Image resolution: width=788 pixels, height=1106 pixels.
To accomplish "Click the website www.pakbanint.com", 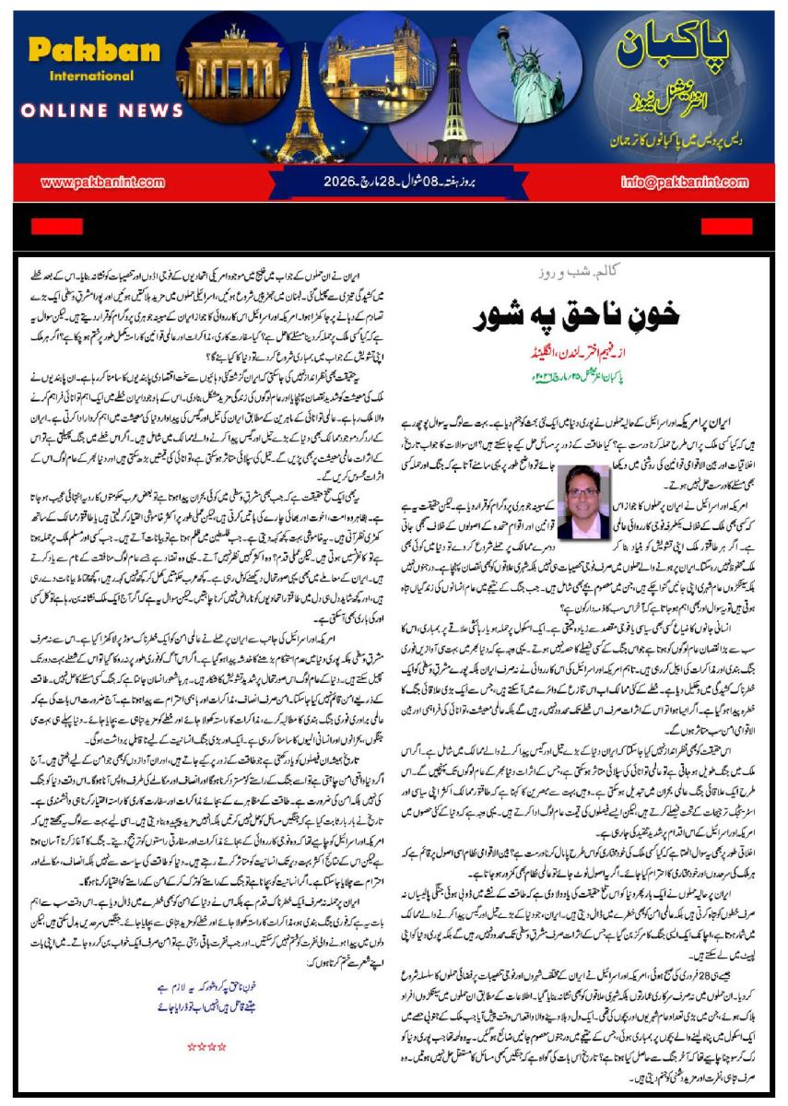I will click(102, 182).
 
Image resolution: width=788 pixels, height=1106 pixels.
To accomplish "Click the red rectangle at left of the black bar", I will click(57, 227).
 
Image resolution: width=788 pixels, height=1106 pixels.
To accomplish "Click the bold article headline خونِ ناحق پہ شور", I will click(576, 313).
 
